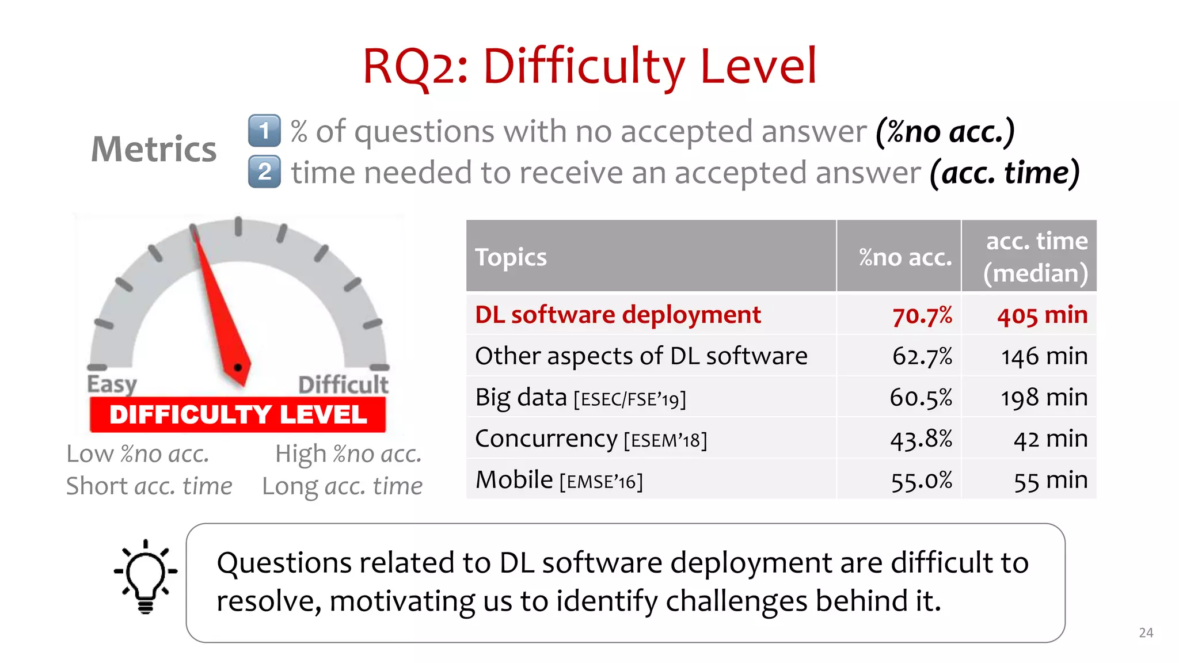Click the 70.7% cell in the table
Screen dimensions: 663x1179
coord(922,315)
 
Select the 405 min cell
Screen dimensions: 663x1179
coord(1042,315)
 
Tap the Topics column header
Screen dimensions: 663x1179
coord(511,257)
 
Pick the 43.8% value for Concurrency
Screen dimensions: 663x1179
coord(921,439)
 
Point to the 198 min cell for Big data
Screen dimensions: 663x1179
coord(1044,398)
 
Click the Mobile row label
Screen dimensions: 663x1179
coord(514,480)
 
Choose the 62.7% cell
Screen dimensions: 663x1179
coord(922,356)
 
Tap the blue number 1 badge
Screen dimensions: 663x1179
coord(264,131)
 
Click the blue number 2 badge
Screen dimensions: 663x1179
coord(264,172)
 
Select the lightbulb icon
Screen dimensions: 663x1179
coord(146,576)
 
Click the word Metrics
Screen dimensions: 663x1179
coord(154,149)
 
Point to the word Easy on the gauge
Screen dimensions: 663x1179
coord(112,384)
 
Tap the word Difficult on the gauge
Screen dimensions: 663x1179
coord(343,384)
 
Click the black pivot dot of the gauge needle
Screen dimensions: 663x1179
coord(238,367)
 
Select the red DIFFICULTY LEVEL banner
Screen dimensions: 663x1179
coord(238,414)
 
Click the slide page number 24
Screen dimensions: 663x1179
coord(1146,632)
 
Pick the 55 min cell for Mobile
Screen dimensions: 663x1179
coord(1050,481)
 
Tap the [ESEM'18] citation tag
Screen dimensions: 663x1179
coord(665,441)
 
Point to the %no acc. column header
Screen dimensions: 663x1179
coord(905,257)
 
